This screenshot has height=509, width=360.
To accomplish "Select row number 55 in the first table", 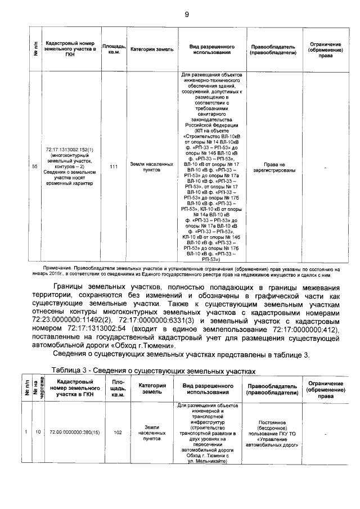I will pyautogui.click(x=34, y=166).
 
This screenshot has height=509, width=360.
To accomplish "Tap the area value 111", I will pyautogui.click(x=114, y=166).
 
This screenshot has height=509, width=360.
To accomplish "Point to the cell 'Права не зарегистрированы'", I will pyautogui.click(x=273, y=166).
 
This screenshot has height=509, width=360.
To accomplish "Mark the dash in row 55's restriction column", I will pyautogui.click(x=325, y=166).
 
